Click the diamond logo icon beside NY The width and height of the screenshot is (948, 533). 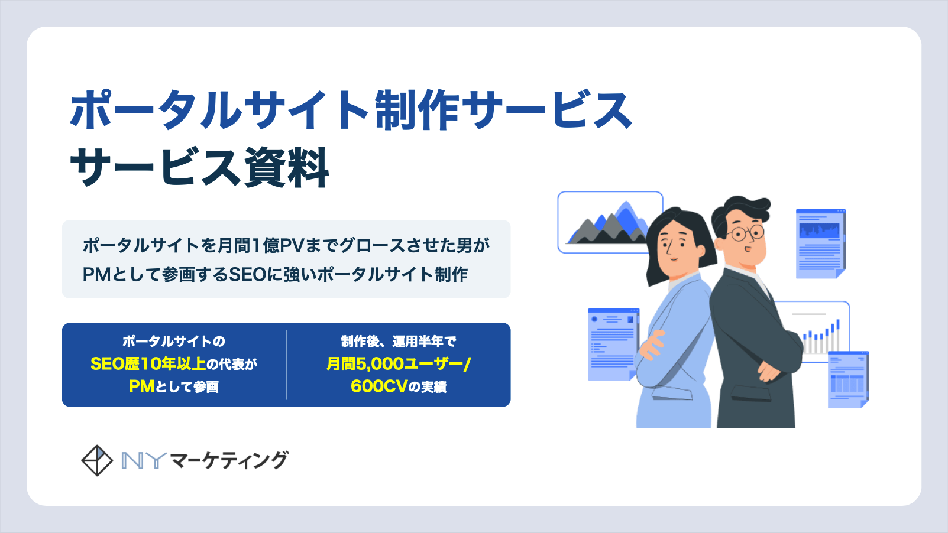coord(97,461)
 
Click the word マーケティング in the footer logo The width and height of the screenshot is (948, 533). coord(229,460)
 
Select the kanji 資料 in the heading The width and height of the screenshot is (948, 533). coord(286,167)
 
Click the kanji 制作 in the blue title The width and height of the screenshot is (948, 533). coord(417,109)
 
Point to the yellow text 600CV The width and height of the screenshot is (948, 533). coord(378,386)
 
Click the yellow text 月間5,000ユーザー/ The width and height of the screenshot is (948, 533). coord(398,364)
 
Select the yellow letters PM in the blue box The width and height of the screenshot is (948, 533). coord(142,386)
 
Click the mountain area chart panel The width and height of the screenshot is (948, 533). coord(610,222)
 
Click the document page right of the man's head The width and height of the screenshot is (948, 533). coord(821,243)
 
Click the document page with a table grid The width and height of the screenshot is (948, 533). coord(848,380)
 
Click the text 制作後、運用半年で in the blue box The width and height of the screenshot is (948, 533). coord(399,342)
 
